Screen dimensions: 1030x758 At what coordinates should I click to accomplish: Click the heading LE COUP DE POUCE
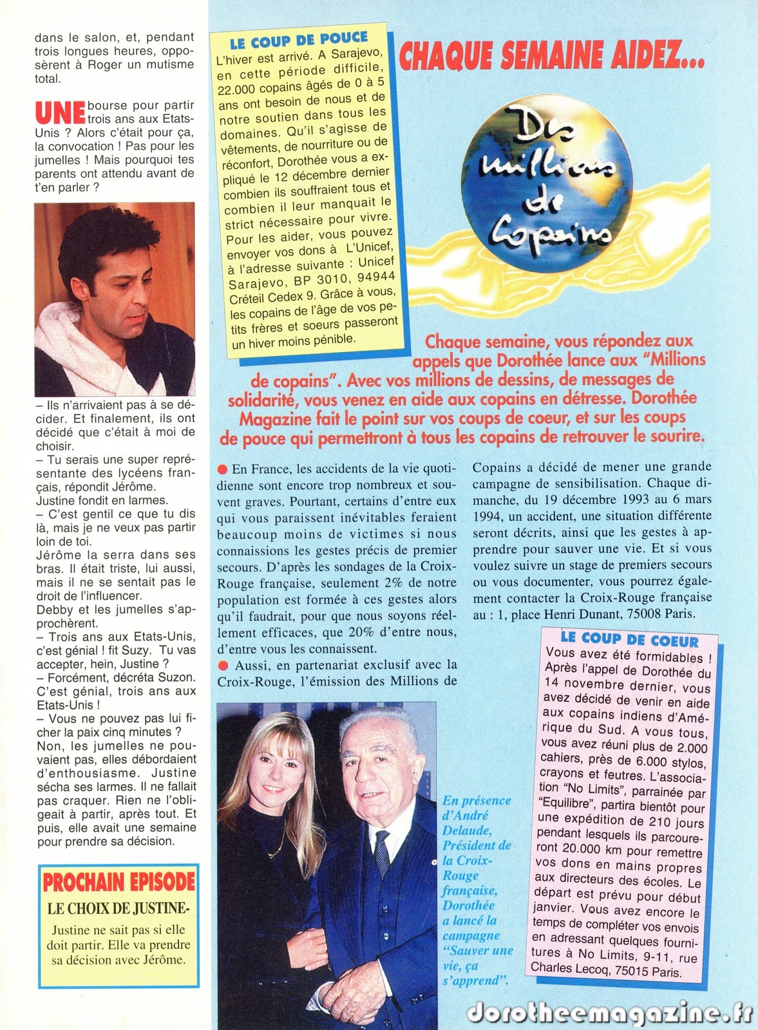(x=298, y=41)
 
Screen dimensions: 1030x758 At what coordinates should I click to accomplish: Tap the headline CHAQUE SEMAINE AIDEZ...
(x=551, y=55)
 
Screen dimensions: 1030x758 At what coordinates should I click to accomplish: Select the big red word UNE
(x=60, y=113)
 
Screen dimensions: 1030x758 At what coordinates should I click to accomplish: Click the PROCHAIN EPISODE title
(x=118, y=881)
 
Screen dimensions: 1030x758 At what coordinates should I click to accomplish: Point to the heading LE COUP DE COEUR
(x=629, y=640)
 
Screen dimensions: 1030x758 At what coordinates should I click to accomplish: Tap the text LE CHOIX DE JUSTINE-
(x=118, y=909)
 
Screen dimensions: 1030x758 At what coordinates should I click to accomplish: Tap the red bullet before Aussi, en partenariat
(x=223, y=665)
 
